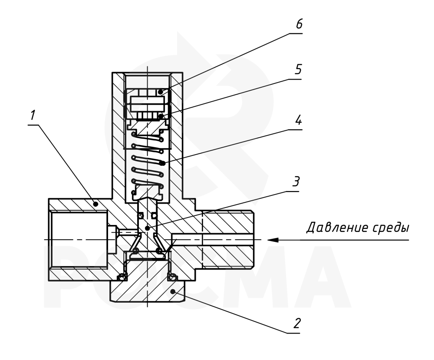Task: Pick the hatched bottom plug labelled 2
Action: click(148, 289)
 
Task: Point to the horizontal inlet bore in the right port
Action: click(213, 240)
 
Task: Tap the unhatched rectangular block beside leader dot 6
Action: click(148, 104)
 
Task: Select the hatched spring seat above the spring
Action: click(148, 127)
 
